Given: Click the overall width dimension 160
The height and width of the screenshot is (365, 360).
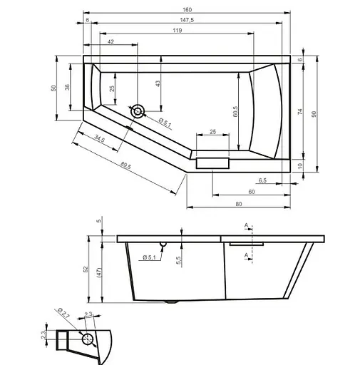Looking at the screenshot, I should pos(187,9).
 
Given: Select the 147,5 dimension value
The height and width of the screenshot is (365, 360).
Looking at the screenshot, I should pos(187,21).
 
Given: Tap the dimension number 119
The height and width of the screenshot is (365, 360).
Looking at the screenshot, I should pos(176,31).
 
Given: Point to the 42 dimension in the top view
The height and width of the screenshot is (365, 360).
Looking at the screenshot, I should pos(110,43).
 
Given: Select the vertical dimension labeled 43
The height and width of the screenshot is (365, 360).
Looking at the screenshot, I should pos(158,83).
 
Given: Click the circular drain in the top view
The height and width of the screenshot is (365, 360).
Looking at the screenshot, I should pos(138,110).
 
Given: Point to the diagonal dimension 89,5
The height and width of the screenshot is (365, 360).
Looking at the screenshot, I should pos(125,166).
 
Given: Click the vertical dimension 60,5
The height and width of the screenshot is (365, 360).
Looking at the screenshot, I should pos(235,110).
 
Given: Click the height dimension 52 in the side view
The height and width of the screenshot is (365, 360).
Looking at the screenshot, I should pos(85,269).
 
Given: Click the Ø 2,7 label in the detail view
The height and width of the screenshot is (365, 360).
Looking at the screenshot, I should pos(62,314).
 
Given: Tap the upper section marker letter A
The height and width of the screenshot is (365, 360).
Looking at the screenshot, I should pos(246,226).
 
